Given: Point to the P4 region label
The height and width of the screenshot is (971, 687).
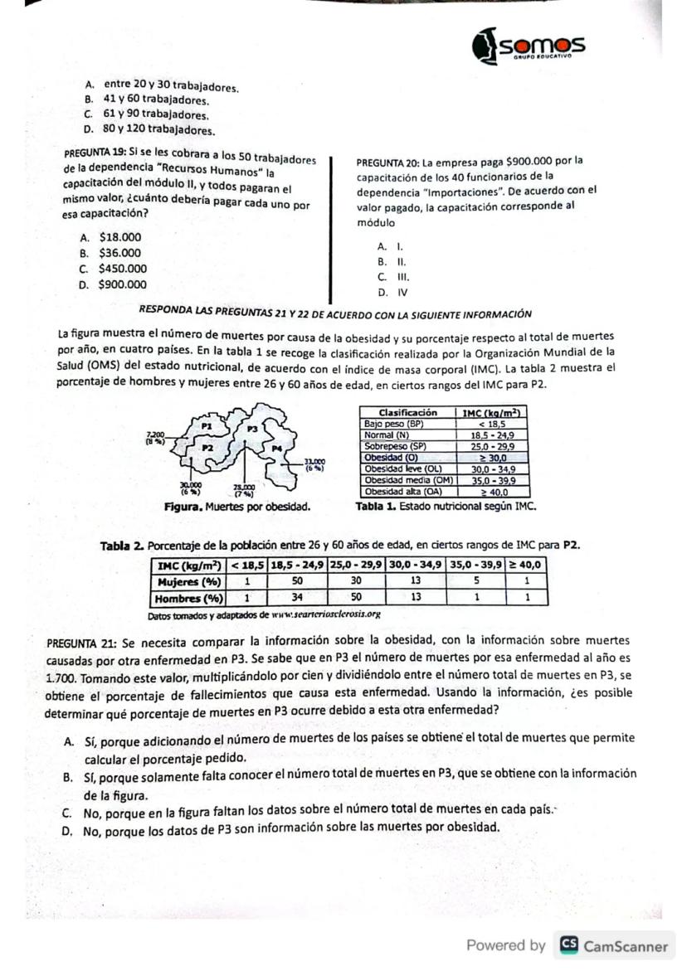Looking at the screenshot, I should [x=279, y=448].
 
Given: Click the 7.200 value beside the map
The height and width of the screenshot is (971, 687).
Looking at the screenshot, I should [x=156, y=435].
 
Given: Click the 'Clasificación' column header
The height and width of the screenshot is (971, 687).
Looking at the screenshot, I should [x=407, y=413].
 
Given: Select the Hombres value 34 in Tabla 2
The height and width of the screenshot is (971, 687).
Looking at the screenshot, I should [x=297, y=596].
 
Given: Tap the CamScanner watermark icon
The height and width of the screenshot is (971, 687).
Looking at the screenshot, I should [x=568, y=946].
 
